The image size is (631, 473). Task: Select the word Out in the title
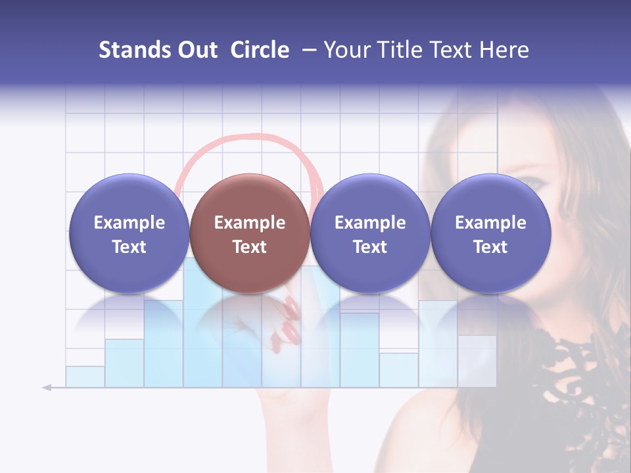click(x=198, y=50)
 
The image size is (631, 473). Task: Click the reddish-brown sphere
click(x=250, y=233)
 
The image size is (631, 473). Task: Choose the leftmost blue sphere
click(x=129, y=233)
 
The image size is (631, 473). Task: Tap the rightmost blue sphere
click(x=491, y=233)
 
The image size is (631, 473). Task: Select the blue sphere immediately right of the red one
click(x=370, y=233)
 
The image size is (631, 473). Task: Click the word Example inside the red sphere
click(x=250, y=223)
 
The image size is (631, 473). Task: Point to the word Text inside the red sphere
click(x=250, y=247)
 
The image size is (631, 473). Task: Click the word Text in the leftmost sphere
click(x=129, y=247)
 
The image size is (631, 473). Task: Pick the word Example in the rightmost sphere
click(x=491, y=223)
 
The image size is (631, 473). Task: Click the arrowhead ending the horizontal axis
click(x=47, y=388)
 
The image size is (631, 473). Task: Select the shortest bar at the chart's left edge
click(x=85, y=376)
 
